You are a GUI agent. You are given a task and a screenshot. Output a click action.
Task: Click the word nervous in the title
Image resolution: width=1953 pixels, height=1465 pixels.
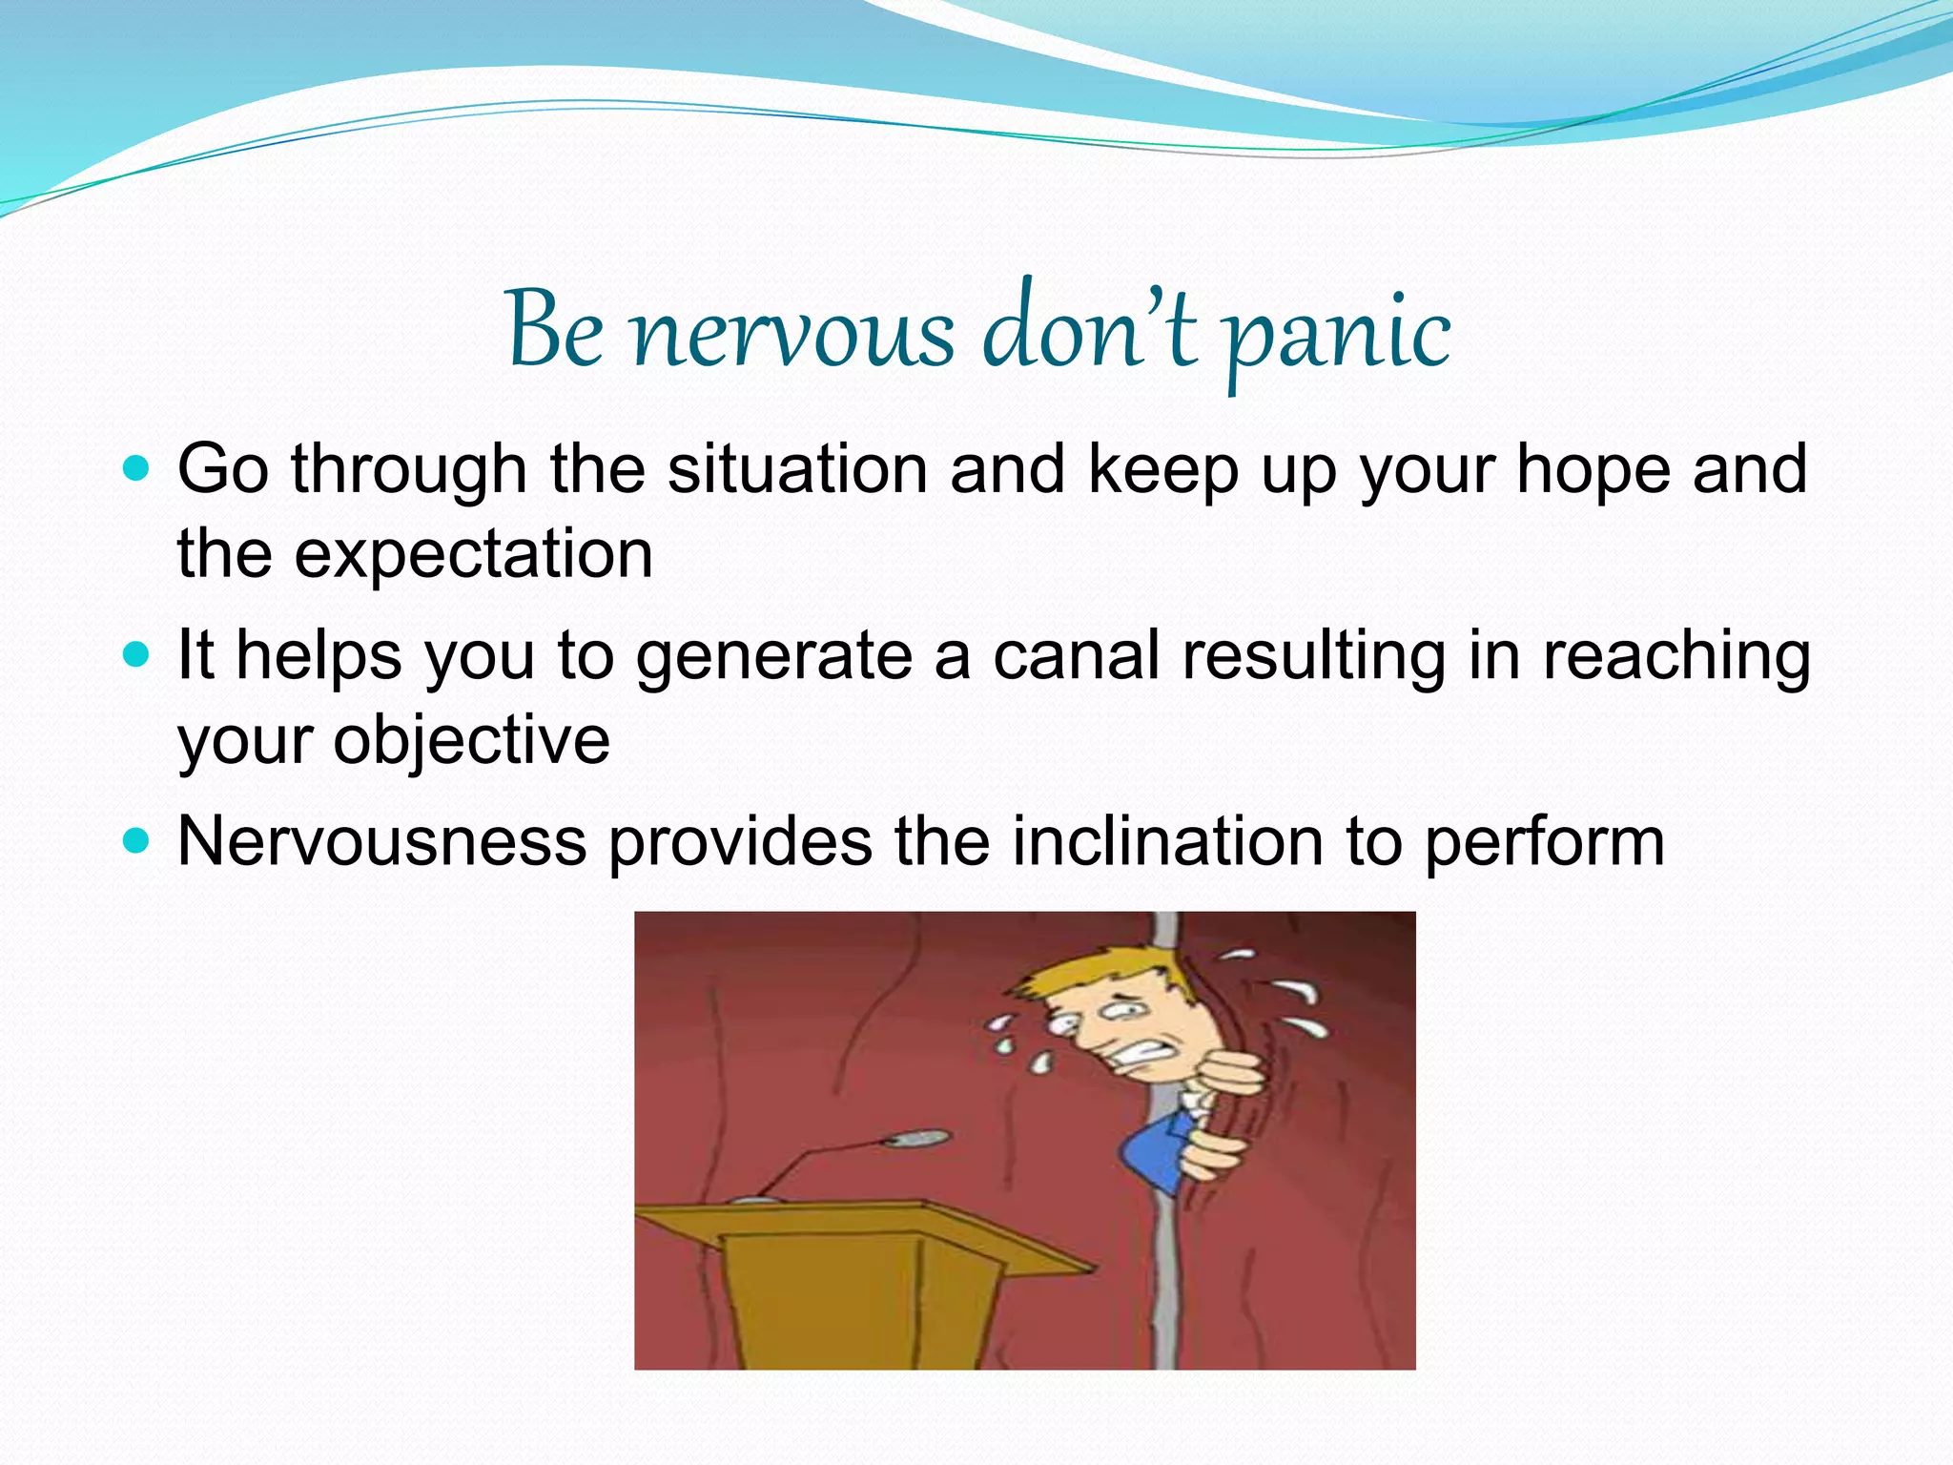click(793, 334)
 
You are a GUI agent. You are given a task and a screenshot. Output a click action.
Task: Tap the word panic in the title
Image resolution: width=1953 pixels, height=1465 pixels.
click(1338, 334)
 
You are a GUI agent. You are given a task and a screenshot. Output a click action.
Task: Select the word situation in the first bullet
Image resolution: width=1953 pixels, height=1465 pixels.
click(797, 469)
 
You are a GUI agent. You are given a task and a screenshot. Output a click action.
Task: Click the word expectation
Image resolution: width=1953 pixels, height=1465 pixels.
click(473, 554)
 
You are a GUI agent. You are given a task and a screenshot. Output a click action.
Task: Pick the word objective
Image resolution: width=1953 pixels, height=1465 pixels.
click(471, 740)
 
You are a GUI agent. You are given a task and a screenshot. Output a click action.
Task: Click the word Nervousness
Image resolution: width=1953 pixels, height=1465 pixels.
click(381, 841)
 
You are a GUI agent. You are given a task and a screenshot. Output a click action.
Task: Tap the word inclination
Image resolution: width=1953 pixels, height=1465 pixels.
click(1166, 841)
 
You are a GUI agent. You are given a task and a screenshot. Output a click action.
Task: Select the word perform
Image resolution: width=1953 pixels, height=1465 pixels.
click(1544, 843)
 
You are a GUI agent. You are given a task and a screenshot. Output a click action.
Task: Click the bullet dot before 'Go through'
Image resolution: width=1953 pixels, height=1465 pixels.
click(137, 469)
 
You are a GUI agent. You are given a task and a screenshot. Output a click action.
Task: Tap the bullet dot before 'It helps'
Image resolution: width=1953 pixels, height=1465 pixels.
click(137, 655)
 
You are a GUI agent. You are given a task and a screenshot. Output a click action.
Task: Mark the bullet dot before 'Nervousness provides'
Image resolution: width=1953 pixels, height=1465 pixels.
click(137, 841)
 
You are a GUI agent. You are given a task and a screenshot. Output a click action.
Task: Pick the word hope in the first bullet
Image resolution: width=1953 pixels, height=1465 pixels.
click(1593, 469)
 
